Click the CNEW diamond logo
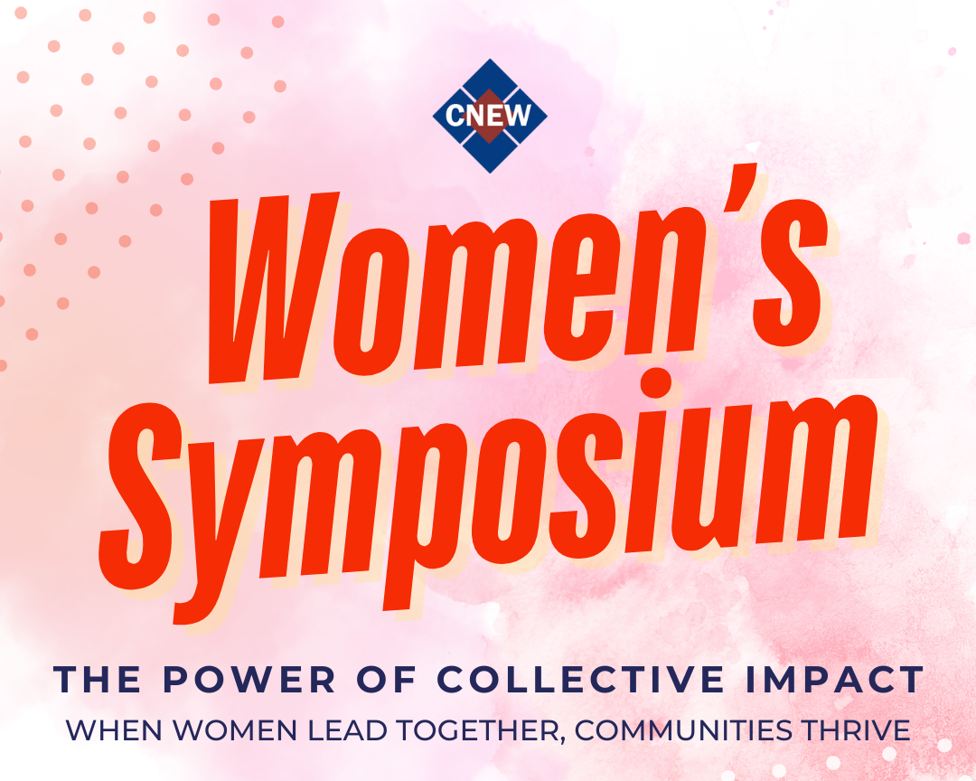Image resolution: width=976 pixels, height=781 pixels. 490,115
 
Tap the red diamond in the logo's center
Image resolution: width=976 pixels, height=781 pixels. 490,115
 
